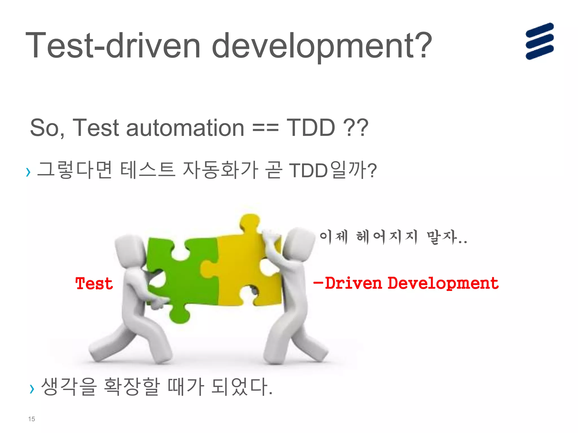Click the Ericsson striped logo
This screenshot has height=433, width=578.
(539, 41)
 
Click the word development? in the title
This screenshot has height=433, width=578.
(322, 46)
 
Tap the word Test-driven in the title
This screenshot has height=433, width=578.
(113, 45)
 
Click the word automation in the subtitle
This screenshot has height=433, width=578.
(185, 128)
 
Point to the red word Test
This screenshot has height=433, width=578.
(94, 284)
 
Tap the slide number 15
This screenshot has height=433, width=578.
(31, 419)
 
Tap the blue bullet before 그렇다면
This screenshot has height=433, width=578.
(28, 172)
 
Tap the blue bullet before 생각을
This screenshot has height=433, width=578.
(32, 389)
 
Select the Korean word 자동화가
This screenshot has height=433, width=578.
(220, 170)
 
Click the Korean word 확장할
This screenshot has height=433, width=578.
(132, 386)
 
